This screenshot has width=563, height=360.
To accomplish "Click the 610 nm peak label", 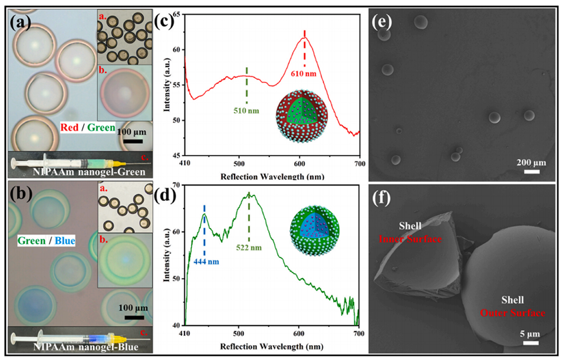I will pos(304,74).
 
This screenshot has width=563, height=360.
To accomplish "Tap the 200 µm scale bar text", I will pos(532,162).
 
